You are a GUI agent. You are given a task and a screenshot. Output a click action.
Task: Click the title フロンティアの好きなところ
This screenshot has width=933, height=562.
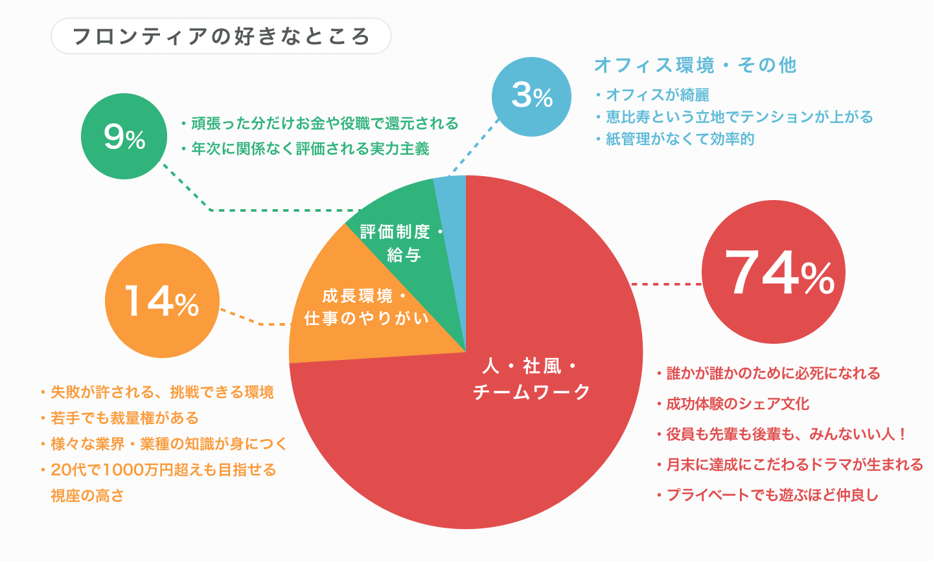(221, 36)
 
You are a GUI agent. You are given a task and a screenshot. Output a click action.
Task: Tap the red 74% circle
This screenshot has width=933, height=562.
(773, 273)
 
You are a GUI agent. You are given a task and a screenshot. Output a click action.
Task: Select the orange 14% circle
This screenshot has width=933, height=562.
(162, 301)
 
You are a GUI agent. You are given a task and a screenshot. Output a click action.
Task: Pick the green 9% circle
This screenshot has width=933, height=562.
(124, 137)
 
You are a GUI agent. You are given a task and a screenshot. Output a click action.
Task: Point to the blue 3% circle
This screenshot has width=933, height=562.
(531, 96)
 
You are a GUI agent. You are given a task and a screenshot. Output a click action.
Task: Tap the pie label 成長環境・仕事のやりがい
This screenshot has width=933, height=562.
(366, 307)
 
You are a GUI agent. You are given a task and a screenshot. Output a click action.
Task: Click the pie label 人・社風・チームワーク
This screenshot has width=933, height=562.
(531, 379)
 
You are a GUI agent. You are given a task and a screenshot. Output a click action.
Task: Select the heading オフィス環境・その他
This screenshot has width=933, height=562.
(695, 65)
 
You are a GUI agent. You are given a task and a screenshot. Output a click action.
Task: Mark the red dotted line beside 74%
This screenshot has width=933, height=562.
(666, 284)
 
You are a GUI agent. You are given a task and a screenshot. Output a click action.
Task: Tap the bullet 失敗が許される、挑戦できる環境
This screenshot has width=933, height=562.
(162, 392)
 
